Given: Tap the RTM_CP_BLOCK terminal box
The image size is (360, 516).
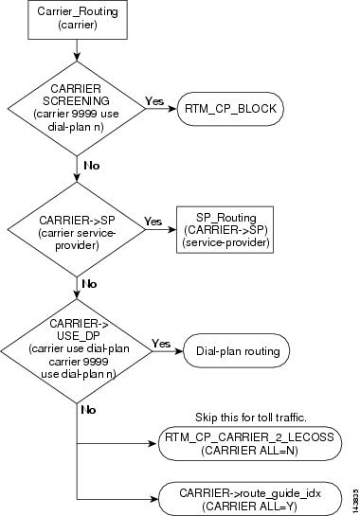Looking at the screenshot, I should pyautogui.click(x=231, y=109).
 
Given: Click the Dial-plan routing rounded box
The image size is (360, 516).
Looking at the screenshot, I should pyautogui.click(x=236, y=351).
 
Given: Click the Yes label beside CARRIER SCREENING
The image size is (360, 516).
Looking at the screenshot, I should pyautogui.click(x=154, y=99).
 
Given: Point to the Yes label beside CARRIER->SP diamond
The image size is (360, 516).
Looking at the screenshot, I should pyautogui.click(x=152, y=221).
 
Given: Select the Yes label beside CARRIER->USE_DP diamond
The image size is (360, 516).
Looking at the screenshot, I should pyautogui.click(x=161, y=343).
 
